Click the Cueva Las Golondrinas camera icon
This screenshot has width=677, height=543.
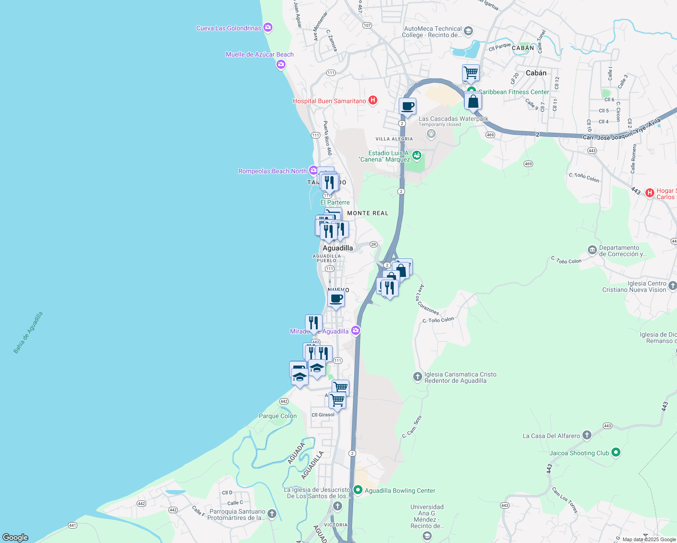point(268,28)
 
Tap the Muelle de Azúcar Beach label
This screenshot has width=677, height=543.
point(260,55)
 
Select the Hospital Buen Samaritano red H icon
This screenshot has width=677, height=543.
point(373,100)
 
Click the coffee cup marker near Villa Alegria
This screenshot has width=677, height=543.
point(407,107)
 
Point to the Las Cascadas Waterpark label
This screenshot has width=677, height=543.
point(453,119)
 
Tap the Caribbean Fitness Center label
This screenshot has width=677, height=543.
point(514,92)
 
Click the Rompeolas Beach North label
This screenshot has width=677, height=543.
point(272,171)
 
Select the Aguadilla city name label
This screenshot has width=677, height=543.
point(338,248)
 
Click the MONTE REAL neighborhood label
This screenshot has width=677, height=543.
point(367,213)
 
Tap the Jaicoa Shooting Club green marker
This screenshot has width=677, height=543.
point(615,452)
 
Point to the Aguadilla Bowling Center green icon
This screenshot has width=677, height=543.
point(358,490)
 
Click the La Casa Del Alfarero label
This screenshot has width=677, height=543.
point(551,436)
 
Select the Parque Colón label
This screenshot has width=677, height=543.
point(278,416)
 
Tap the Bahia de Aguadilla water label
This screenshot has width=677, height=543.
point(28,332)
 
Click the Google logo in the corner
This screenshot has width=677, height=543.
point(15,538)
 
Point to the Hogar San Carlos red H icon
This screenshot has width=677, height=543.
point(650,193)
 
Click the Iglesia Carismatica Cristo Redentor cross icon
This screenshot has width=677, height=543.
point(418,376)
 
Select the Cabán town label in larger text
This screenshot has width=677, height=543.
point(536,73)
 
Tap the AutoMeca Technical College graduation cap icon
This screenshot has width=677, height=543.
point(468,31)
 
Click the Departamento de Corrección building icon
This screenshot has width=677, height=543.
point(592,250)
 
